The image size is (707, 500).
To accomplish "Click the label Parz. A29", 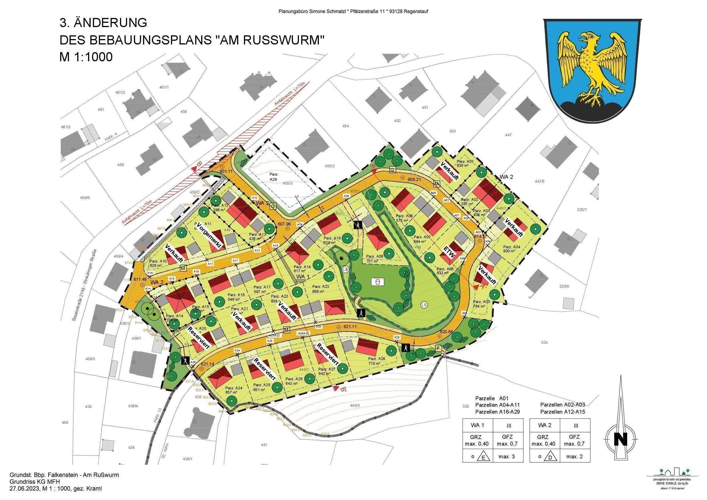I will click(274, 176).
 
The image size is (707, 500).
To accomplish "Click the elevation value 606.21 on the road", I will click(414, 179).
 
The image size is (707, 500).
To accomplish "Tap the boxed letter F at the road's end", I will click(439, 348).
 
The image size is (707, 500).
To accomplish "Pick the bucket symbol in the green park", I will click(378, 281).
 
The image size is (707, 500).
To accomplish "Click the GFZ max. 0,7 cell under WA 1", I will click(507, 440).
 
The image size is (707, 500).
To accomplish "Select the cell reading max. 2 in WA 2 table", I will click(574, 457).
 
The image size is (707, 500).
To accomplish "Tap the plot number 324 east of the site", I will click(544, 342).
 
